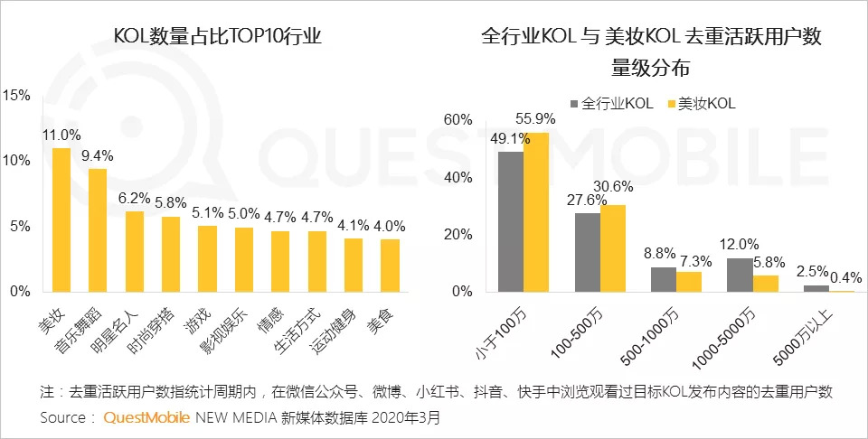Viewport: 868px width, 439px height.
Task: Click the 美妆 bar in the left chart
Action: [x=61, y=219]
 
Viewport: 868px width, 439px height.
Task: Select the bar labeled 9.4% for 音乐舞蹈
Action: [x=97, y=230]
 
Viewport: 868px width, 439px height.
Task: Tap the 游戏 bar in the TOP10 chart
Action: [x=207, y=258]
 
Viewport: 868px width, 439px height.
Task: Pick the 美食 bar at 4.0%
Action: [x=390, y=266]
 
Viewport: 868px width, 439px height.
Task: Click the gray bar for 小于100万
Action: [x=511, y=221]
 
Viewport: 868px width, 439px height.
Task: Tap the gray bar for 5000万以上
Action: [x=816, y=288]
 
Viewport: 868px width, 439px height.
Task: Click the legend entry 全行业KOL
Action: [x=611, y=103]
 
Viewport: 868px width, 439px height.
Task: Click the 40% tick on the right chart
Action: [x=461, y=177]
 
